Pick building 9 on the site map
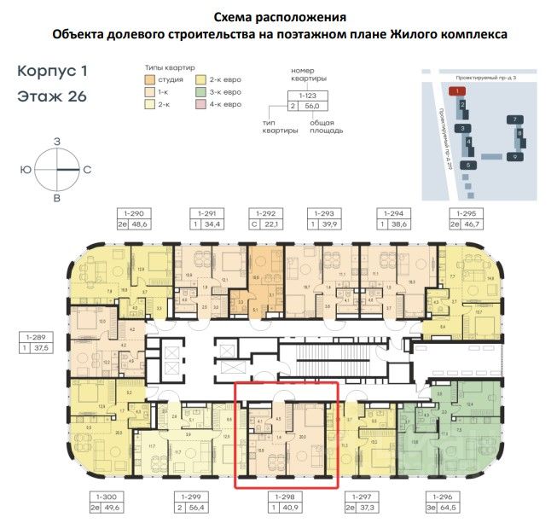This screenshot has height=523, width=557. pyautogui.click(x=516, y=157)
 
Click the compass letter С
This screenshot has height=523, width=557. pyautogui.click(x=87, y=169)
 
